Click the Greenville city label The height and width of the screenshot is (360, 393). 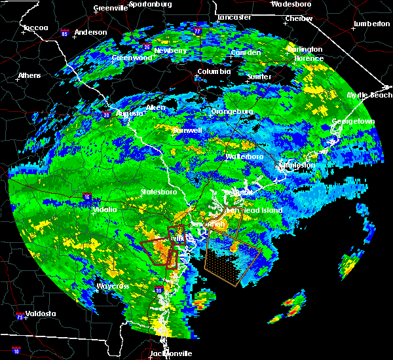click(x=110, y=9)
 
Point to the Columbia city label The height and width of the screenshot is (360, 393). click(x=214, y=71)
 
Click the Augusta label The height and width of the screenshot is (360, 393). click(x=129, y=113)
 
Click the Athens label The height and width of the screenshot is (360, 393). click(x=29, y=75)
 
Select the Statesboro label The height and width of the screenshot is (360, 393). click(x=159, y=192)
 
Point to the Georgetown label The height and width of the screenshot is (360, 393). click(x=353, y=122)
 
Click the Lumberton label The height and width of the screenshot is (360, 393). click(x=371, y=24)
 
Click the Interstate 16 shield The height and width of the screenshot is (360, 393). click(x=87, y=196)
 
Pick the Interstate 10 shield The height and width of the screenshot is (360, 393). click(x=16, y=351)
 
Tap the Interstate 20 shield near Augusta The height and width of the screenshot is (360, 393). click(x=106, y=115)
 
